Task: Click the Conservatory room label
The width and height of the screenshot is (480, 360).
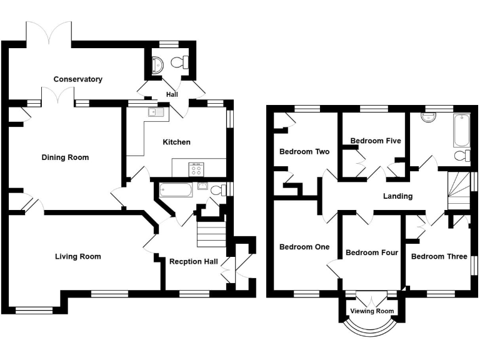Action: (78, 79)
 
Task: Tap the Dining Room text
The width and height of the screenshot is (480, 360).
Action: (65, 157)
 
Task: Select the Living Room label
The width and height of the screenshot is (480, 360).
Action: (77, 256)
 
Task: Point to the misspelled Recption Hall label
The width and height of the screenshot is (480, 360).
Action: (194, 261)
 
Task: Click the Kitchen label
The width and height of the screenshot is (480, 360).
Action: (176, 142)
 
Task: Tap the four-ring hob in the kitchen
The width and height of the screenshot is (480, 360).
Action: (196, 167)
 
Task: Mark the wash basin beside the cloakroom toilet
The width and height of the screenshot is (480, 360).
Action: (157, 63)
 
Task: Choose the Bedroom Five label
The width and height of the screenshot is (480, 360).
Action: (375, 141)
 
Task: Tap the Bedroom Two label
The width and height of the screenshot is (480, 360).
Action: (304, 151)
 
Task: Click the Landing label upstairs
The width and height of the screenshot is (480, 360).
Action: (397, 196)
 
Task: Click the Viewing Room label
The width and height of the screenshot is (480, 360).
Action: (372, 311)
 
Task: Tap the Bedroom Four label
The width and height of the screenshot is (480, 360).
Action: (372, 252)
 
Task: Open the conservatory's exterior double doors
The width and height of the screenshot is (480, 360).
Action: (49, 32)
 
